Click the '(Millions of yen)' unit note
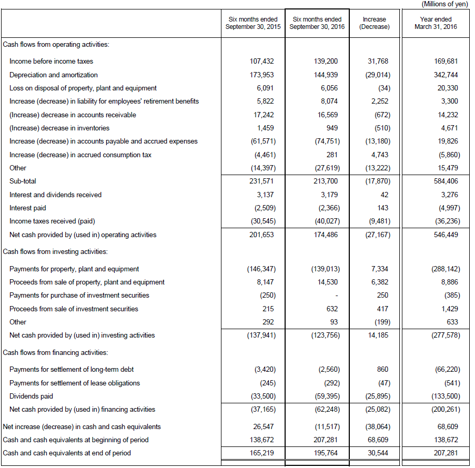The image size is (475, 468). [444, 4]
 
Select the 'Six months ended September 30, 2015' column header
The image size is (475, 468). [253, 23]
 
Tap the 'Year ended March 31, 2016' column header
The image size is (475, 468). [436, 23]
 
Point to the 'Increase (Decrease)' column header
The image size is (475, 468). [375, 23]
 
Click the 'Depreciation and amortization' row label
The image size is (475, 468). [54, 75]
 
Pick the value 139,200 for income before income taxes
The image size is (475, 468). [326, 61]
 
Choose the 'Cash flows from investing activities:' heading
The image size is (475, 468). [55, 252]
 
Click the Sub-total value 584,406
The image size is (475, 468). [446, 181]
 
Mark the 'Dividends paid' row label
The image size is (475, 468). [31, 396]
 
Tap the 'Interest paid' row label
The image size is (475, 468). [27, 208]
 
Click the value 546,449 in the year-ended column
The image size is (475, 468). [446, 235]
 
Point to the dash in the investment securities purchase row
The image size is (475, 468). [337, 296]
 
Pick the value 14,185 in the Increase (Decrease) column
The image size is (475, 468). [378, 335]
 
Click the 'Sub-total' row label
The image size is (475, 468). [23, 181]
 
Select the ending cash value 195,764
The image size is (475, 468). [326, 453]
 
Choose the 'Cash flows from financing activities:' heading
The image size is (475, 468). [55, 353]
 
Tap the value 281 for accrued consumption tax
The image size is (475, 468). [332, 155]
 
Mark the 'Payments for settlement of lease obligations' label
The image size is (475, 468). [75, 383]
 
